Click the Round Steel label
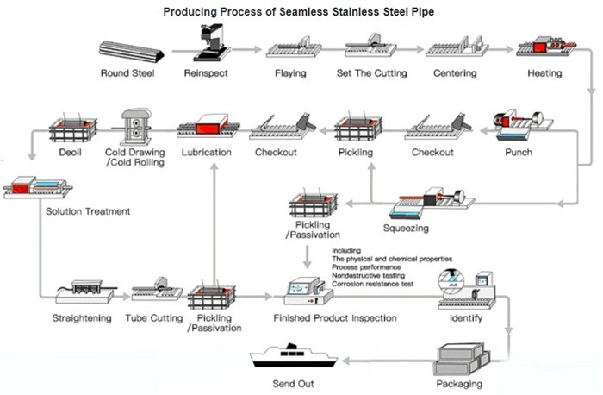[x=127, y=73]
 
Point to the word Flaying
[x=290, y=73]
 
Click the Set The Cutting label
[x=370, y=73]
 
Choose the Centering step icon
[x=455, y=47]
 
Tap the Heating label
[x=544, y=73]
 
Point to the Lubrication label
[x=207, y=153]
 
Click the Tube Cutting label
[x=154, y=318]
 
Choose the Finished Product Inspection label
[x=335, y=318]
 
